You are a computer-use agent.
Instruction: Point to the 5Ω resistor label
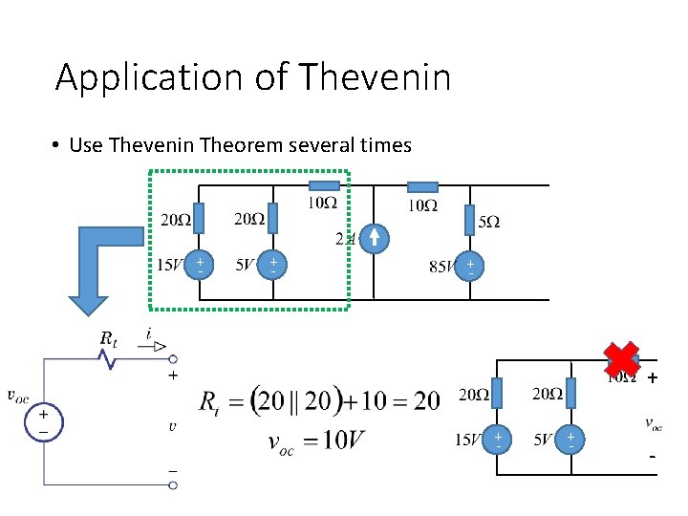pyautogui.click(x=487, y=222)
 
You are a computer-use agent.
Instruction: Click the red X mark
pyautogui.click(x=621, y=360)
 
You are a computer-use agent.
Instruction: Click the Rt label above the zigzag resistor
pyautogui.click(x=109, y=338)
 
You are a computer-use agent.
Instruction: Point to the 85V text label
pyautogui.click(x=442, y=268)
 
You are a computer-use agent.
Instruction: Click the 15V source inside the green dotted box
pyautogui.click(x=199, y=265)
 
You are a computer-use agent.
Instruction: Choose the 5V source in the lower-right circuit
pyautogui.click(x=570, y=441)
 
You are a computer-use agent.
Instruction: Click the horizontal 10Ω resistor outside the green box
pyautogui.click(x=422, y=187)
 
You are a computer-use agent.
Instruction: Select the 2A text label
pyautogui.click(x=345, y=239)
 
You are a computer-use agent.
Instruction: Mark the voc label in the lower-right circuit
pyautogui.click(x=654, y=423)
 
